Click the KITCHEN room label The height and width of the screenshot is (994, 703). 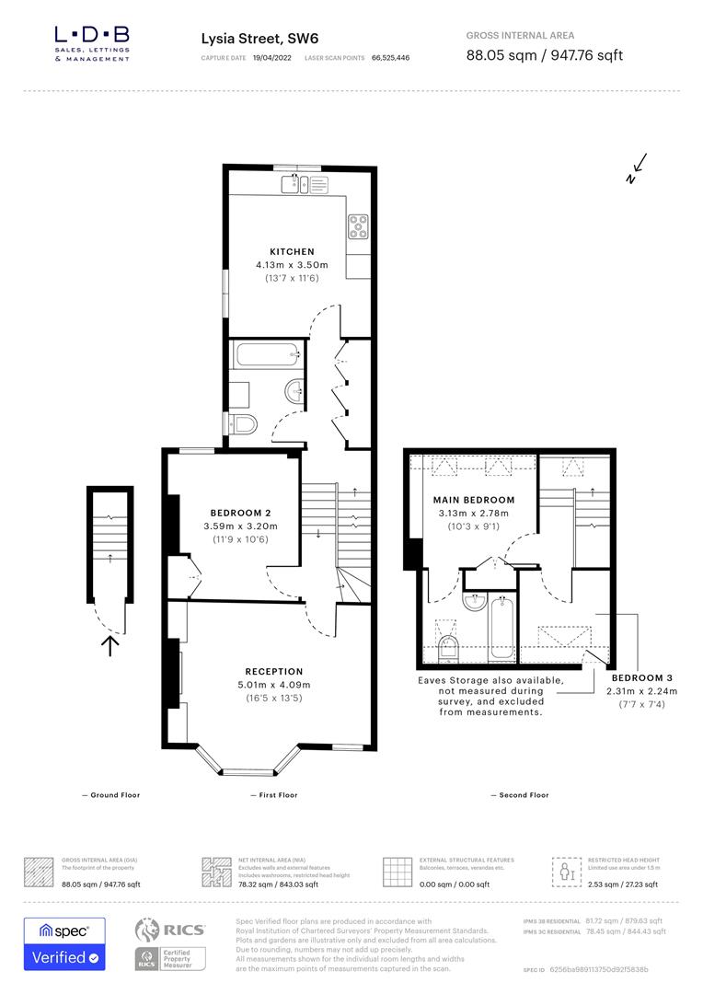pos(292,251)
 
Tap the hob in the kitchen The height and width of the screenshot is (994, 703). pos(357,225)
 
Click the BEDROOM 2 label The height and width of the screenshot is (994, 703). pos(240,513)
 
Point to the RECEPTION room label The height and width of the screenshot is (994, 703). pos(273,671)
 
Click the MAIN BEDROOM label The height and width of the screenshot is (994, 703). pos(474,500)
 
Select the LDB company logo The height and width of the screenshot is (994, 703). pos(92,41)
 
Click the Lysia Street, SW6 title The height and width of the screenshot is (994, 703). pos(253,39)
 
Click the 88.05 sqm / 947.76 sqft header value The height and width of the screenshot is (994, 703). pos(545,55)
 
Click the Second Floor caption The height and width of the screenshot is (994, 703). pos(520,794)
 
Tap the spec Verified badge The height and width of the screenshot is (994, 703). pos(64,943)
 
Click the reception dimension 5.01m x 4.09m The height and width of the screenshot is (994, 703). pos(273,685)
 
